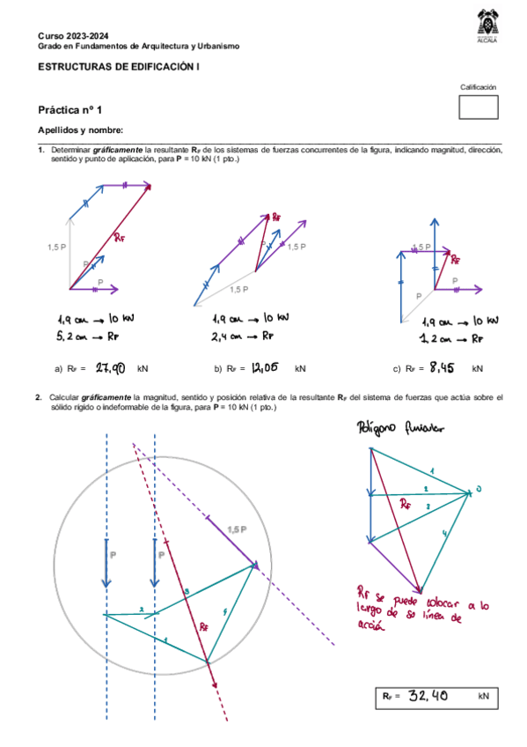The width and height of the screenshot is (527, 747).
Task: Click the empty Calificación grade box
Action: tap(478, 107)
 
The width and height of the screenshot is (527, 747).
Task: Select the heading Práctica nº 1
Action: tap(70, 110)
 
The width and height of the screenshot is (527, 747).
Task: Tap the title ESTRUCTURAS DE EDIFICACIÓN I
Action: tap(118, 66)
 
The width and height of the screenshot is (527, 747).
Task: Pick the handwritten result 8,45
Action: tap(443, 368)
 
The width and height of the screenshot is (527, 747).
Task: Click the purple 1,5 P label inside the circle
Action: tap(237, 529)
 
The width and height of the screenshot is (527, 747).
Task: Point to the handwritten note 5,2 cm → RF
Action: tap(88, 337)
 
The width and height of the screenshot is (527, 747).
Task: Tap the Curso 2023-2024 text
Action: tap(68, 33)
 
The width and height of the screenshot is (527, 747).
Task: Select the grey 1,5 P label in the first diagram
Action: tap(55, 248)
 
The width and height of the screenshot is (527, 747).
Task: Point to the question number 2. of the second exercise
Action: tap(40, 398)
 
